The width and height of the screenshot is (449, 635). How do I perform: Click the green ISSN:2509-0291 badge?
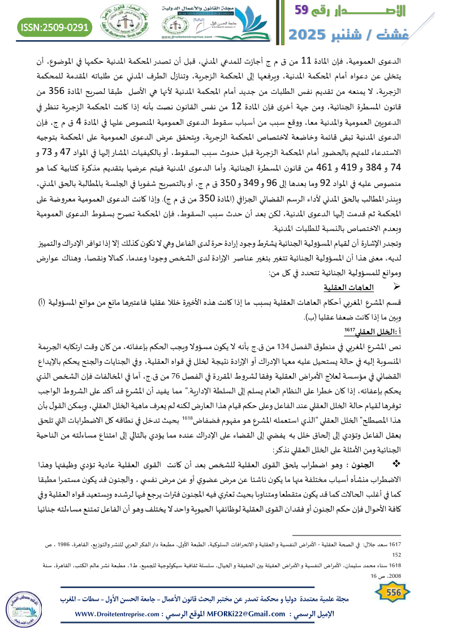(55, 27)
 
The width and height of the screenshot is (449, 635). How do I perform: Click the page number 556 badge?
(390, 593)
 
